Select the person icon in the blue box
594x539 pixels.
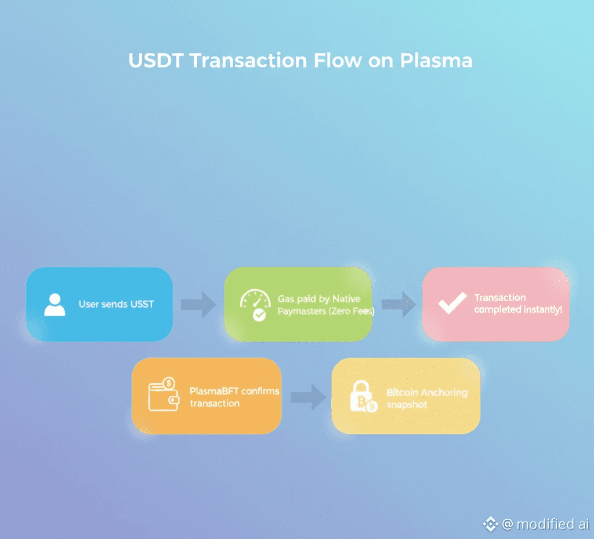[55, 305]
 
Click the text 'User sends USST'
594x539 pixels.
[116, 304]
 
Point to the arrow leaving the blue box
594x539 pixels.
[198, 305]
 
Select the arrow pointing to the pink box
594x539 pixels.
[399, 305]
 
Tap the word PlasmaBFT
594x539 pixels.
[214, 391]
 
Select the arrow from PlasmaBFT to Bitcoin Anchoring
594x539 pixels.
[309, 397]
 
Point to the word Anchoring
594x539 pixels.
[444, 393]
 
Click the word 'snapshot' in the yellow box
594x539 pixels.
[407, 404]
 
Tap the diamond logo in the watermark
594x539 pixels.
[490, 524]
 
